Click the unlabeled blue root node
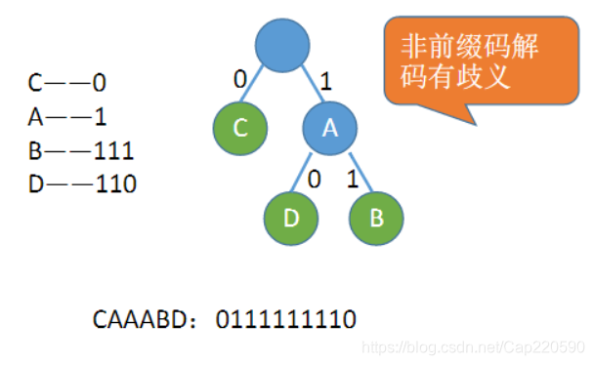click(282, 44)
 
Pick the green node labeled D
click(290, 216)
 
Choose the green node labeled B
click(375, 216)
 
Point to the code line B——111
click(80, 150)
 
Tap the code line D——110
click(80, 183)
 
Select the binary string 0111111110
click(285, 319)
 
